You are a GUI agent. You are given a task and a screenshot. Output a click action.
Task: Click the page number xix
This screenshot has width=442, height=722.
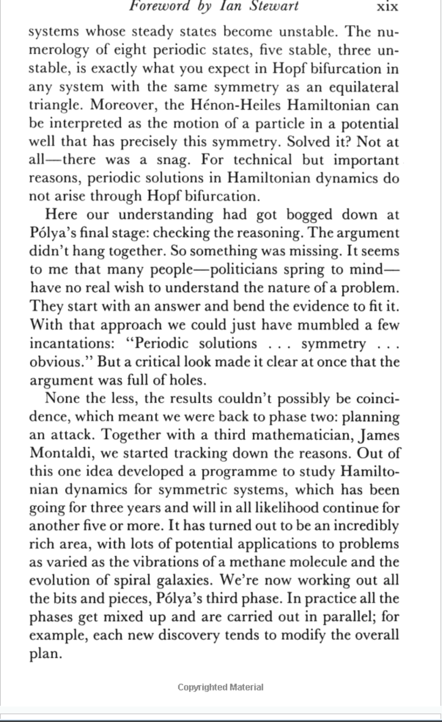click(x=387, y=7)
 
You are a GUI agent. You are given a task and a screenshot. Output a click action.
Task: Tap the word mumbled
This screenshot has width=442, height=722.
click(x=326, y=325)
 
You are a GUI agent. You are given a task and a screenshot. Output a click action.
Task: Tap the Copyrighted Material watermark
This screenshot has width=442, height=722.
click(x=221, y=687)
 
